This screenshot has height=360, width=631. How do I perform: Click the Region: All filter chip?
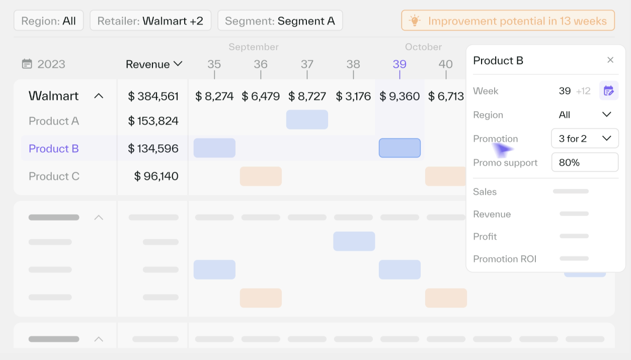click(48, 21)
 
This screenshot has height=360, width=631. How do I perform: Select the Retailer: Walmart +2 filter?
click(150, 21)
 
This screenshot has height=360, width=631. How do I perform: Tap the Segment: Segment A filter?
click(280, 21)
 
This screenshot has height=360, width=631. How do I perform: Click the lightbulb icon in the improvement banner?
click(415, 21)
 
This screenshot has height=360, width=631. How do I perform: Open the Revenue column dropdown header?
click(153, 64)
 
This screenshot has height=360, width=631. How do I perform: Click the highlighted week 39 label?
click(400, 64)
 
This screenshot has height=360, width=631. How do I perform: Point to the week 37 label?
click(307, 64)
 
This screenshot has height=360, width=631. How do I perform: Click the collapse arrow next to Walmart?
click(99, 96)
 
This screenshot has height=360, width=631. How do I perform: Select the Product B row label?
click(54, 149)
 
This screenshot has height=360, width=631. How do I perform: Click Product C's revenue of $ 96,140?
click(156, 176)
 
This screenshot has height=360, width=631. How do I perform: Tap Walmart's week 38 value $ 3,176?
click(353, 96)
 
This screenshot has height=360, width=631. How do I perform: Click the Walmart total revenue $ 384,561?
click(153, 96)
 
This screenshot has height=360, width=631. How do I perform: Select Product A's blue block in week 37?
click(307, 120)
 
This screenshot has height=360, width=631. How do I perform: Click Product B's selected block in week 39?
click(400, 148)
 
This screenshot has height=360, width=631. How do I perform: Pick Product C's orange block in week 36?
click(261, 176)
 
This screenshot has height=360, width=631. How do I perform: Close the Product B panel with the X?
click(610, 60)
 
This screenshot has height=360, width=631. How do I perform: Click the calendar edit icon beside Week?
click(608, 91)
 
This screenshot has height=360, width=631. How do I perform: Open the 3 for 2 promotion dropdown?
click(585, 138)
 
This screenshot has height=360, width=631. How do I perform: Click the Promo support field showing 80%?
click(585, 162)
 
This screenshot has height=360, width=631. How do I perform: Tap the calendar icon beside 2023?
click(27, 64)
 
